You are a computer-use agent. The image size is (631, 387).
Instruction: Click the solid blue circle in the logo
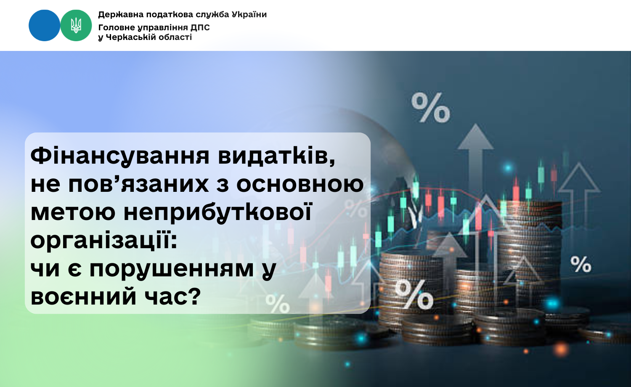point(44,25)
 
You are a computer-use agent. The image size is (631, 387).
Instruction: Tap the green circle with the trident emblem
point(76,25)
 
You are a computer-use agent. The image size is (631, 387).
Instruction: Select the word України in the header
point(249,14)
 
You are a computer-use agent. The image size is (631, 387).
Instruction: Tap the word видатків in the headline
point(277,156)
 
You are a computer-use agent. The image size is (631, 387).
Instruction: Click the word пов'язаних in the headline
point(138,185)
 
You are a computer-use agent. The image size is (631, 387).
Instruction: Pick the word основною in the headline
point(300,185)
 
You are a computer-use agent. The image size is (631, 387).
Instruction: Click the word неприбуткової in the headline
point(217,213)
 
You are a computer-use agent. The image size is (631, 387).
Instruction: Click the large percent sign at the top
point(430,108)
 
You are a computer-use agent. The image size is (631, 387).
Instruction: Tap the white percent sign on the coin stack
point(414,294)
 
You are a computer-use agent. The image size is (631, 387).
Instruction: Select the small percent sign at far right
point(581,264)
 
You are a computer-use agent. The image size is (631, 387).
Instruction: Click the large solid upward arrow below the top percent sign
point(475,163)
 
